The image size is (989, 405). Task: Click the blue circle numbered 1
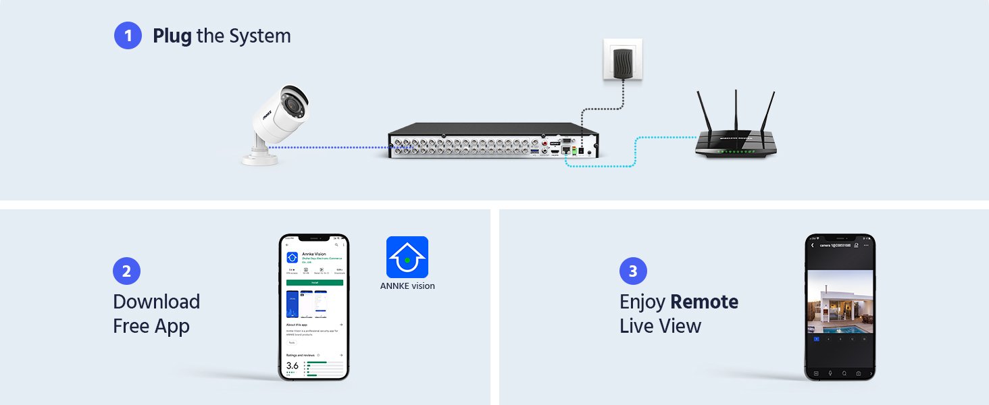[x=128, y=36]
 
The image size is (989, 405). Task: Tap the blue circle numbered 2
[x=126, y=271]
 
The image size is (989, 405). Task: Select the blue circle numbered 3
[x=633, y=271]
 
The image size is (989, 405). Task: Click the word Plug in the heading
[x=172, y=36]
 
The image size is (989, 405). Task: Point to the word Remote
[x=704, y=302]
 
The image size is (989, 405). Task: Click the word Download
[x=156, y=302]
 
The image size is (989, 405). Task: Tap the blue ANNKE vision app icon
[x=407, y=256]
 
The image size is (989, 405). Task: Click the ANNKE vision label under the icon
[x=407, y=286]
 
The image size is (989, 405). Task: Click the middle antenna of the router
[x=736, y=111]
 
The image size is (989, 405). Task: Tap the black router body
[x=736, y=146]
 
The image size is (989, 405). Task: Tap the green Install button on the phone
[x=314, y=282]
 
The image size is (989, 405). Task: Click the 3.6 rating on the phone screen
[x=293, y=365]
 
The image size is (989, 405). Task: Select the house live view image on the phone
[x=840, y=302]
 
